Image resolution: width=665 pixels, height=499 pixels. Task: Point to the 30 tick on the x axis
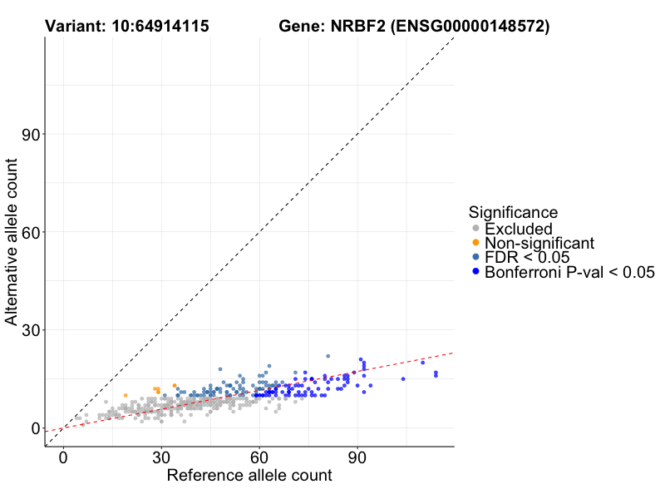click(161, 457)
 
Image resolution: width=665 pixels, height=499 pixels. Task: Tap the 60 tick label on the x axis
click(259, 457)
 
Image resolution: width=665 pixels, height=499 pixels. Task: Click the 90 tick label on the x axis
click(357, 457)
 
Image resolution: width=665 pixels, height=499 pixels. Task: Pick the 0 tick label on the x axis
click(63, 457)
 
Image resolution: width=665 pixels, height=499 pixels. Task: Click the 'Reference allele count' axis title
click(249, 476)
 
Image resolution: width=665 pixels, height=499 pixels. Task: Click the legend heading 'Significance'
click(512, 212)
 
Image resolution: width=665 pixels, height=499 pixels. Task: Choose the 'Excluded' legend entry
click(519, 229)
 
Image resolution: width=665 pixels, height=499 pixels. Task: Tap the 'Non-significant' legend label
click(539, 243)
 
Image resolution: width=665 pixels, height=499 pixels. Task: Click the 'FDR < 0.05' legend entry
click(527, 258)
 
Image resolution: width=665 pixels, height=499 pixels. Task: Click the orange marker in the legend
click(475, 243)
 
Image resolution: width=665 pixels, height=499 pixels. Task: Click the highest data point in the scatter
click(328, 356)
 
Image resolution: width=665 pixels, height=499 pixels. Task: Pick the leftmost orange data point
click(126, 395)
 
